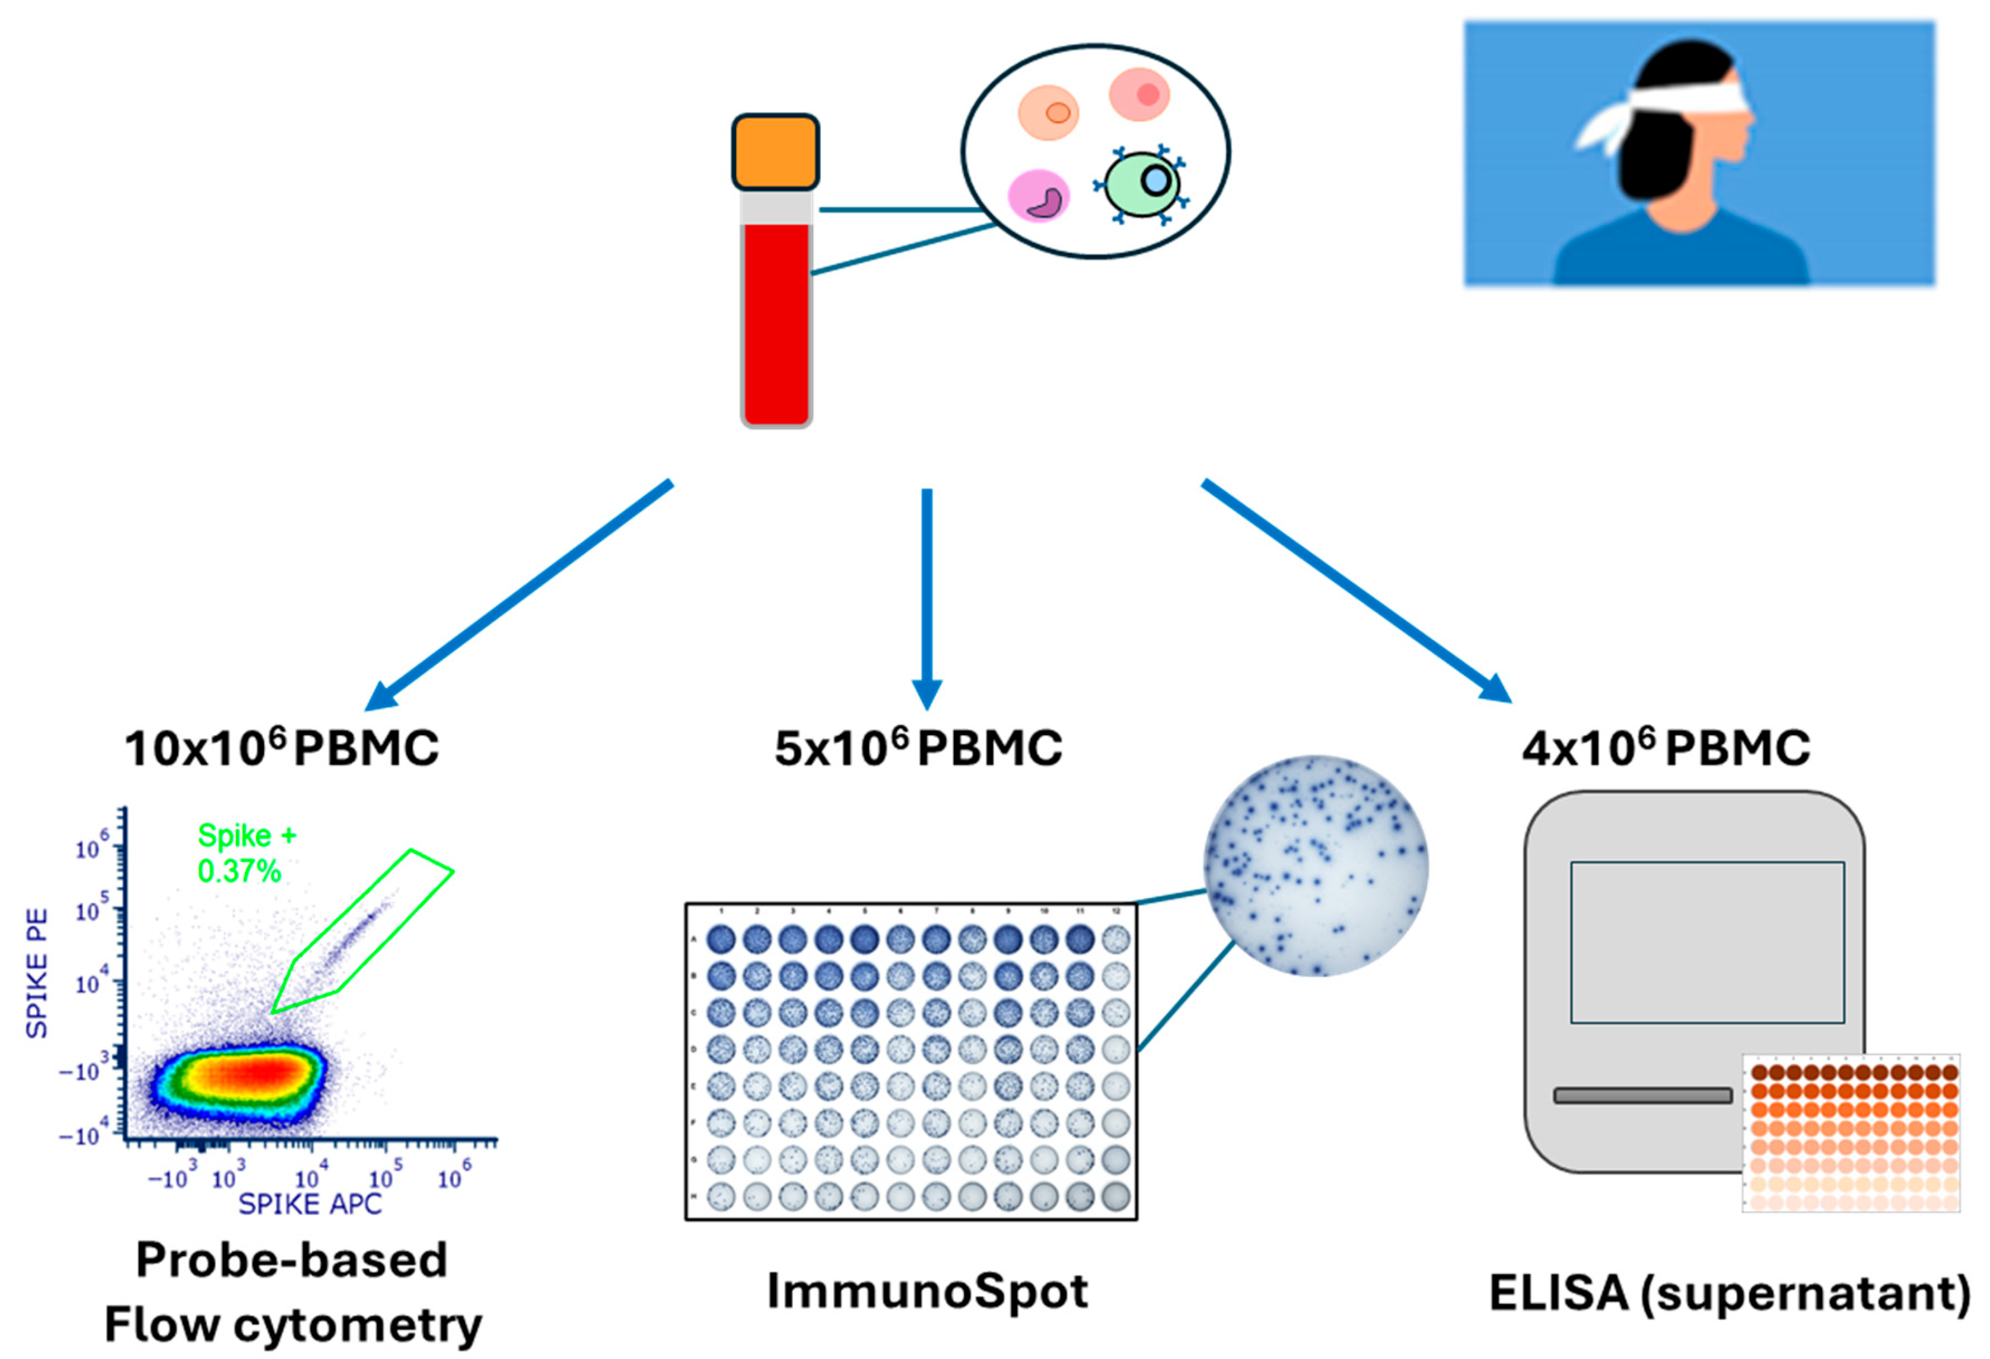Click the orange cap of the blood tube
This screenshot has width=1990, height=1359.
pos(775,152)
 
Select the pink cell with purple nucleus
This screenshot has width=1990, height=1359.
pos(1039,195)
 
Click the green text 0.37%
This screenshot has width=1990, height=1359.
pos(239,872)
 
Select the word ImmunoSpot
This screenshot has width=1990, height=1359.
pos(926,1291)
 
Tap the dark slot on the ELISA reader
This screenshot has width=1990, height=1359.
pos(1642,1095)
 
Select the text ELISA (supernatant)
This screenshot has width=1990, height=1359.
pos(1730,1292)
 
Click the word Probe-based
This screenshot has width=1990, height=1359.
pos(291,1260)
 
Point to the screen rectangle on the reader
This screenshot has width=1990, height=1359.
pos(1706,942)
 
